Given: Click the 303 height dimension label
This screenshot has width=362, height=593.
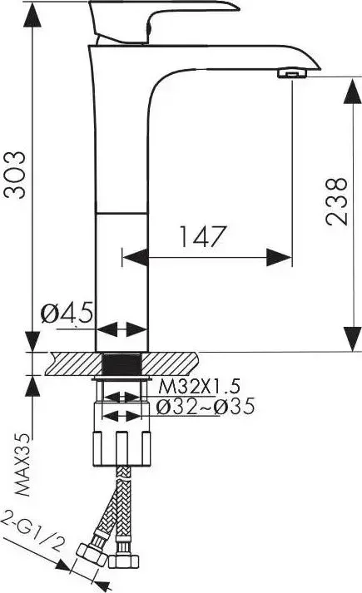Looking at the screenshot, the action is pos(14,175).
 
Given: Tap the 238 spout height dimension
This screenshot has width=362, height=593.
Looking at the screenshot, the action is pos(336,201).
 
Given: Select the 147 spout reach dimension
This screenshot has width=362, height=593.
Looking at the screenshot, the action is pos(202,237).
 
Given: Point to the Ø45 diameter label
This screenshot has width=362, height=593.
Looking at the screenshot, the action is pos(67,314).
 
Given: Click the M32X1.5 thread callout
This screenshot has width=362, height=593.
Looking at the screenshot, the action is pos(199,387).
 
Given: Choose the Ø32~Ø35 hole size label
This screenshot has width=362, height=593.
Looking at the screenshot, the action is pos(206,407).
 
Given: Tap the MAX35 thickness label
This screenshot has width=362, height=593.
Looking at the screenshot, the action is pos(22,465).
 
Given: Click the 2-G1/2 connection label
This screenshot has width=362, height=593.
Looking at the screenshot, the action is pos(33,532).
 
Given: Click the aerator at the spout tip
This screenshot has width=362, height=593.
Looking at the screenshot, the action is pos(293,73).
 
